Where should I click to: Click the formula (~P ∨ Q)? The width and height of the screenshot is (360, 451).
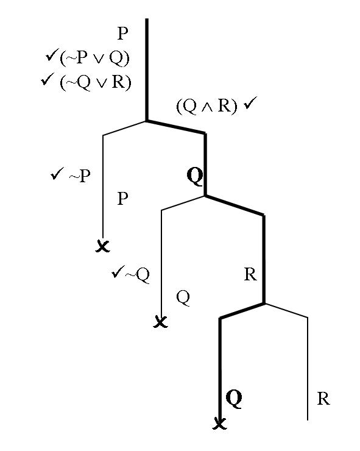coord(94,58)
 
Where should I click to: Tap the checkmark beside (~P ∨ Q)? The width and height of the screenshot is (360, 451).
coord(52,55)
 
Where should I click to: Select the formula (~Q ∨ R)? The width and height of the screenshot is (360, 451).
coord(96,82)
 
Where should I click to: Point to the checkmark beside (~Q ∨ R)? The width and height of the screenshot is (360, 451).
coord(48,79)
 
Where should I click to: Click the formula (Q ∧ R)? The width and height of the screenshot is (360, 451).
coord(206,106)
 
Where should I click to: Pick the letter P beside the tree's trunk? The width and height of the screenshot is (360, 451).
coord(123,34)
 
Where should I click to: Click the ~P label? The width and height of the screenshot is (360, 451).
coord(80,176)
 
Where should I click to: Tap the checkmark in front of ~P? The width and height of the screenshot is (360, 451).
coord(57,174)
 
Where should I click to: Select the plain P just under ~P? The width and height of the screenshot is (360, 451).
coord(123,199)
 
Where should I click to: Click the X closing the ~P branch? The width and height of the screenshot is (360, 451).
coord(103,246)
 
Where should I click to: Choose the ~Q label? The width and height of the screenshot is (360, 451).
coord(138,275)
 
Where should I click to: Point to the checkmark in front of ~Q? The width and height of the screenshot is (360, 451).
coord(118,271)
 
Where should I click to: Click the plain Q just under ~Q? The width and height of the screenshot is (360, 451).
coord(183,297)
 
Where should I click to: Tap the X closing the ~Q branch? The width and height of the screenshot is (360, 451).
coord(160,321)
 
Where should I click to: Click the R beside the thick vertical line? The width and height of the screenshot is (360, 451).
coord(250,275)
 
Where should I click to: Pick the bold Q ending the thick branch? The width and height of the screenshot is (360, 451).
coord(234,399)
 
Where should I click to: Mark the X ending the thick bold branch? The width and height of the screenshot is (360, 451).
coord(219,424)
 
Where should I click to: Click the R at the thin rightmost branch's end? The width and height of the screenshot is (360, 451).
coord(323,399)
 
